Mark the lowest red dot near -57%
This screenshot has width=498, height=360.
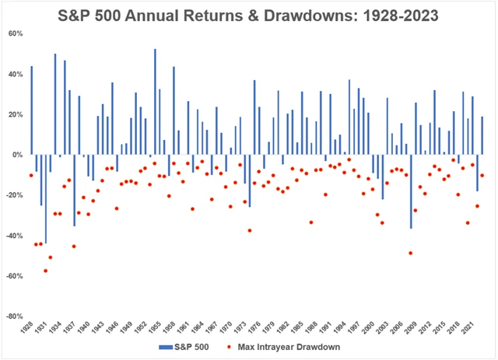click(x=46, y=271)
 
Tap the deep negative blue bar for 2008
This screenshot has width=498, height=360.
click(x=411, y=191)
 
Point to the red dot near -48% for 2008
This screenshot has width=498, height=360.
click(x=411, y=253)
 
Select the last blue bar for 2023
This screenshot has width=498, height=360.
click(x=482, y=135)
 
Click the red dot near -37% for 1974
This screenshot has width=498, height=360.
click(x=249, y=230)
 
